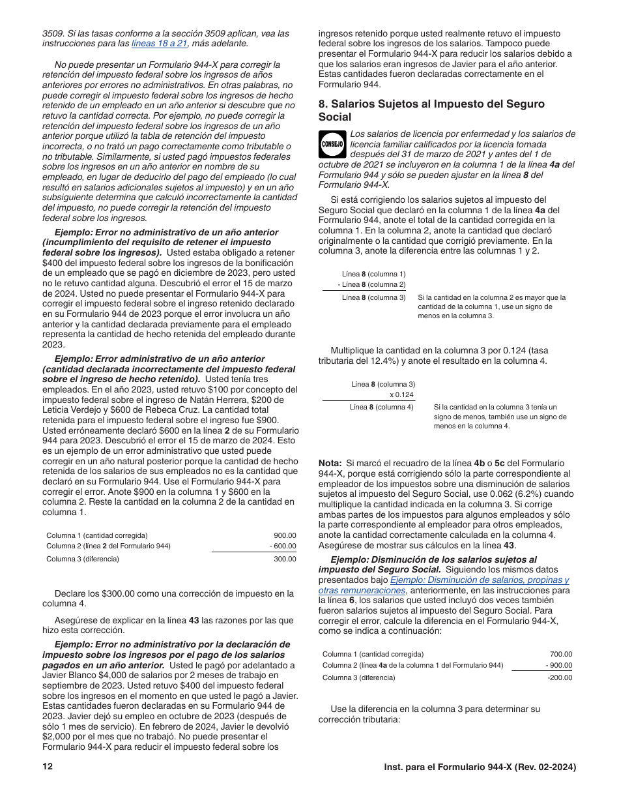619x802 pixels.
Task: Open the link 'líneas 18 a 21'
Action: (160, 44)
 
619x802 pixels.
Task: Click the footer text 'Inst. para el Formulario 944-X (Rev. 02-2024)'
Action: (480, 767)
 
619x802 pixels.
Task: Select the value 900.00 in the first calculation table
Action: (285, 535)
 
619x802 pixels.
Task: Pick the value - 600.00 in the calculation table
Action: (283, 546)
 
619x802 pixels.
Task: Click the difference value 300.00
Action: (285, 559)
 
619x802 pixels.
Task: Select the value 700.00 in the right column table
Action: (561, 654)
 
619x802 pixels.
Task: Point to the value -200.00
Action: (560, 678)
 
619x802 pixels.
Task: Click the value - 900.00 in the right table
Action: (559, 666)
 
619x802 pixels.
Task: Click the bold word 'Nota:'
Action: (330, 463)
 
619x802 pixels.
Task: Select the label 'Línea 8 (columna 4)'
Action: (381, 408)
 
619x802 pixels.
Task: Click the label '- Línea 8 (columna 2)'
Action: (371, 285)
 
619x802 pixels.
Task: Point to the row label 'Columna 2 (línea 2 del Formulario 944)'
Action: (108, 546)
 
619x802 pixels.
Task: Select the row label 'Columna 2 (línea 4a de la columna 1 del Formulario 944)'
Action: (412, 666)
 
